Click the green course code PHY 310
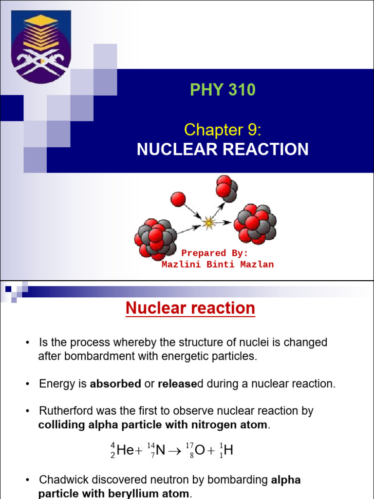pyautogui.click(x=223, y=90)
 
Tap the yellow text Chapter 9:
pyautogui.click(x=223, y=130)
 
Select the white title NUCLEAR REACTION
pyautogui.click(x=223, y=150)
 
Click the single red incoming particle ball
pyautogui.click(x=178, y=199)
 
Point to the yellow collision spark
pyautogui.click(x=208, y=223)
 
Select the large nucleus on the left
pyautogui.click(x=155, y=239)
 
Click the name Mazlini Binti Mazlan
pyautogui.click(x=217, y=265)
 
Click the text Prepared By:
pyautogui.click(x=215, y=253)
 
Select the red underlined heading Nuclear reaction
pyautogui.click(x=190, y=308)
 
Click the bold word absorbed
pyautogui.click(x=115, y=384)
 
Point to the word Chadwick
pyautogui.click(x=61, y=480)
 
